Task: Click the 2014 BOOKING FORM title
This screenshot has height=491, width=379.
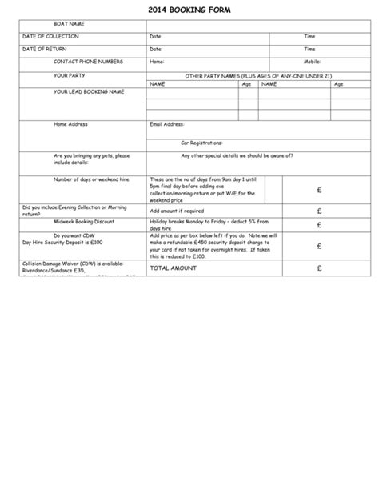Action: [x=189, y=9]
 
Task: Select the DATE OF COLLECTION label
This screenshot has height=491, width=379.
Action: [x=50, y=37]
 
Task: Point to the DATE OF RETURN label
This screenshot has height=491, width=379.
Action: [x=45, y=50]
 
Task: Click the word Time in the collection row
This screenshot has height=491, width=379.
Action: [x=309, y=37]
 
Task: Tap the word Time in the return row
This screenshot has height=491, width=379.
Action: [x=309, y=50]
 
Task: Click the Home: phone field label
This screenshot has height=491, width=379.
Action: [x=157, y=62]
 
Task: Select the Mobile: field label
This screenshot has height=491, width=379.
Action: [x=313, y=62]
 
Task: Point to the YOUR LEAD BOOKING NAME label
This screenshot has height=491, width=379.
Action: [x=89, y=92]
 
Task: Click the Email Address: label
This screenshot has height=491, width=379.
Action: [x=167, y=125]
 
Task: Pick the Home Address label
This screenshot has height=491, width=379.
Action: [x=70, y=125]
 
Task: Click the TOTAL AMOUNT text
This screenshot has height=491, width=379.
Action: [x=173, y=269]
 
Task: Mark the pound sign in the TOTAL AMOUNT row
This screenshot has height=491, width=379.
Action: [x=318, y=269]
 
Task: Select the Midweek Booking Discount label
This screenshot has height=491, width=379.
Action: [x=84, y=220]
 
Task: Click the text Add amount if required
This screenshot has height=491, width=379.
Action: [x=177, y=211]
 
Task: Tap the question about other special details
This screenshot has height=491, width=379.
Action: [x=237, y=155]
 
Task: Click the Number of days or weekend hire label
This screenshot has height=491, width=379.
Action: [x=90, y=180]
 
